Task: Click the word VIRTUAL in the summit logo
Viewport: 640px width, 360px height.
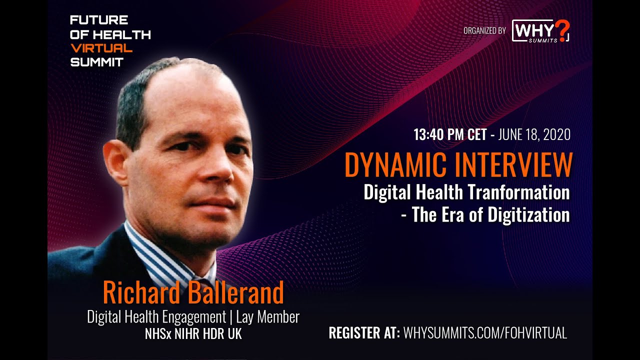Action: pos(101,48)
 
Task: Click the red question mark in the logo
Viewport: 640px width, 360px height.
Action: pos(562,29)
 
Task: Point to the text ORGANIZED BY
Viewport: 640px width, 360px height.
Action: pos(484,31)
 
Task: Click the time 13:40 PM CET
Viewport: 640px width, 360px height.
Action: pos(449,135)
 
